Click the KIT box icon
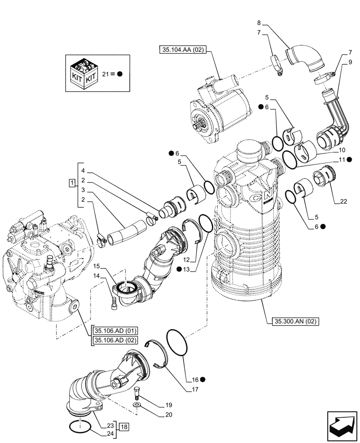83,73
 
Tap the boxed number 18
124,427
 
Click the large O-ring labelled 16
178,342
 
